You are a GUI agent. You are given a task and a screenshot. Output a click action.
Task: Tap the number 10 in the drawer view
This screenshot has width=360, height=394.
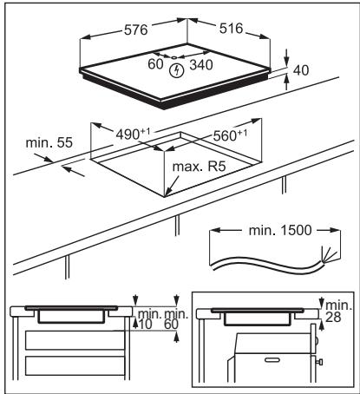coord(143,323)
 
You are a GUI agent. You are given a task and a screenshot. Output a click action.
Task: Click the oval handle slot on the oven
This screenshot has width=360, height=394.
coord(272,358)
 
